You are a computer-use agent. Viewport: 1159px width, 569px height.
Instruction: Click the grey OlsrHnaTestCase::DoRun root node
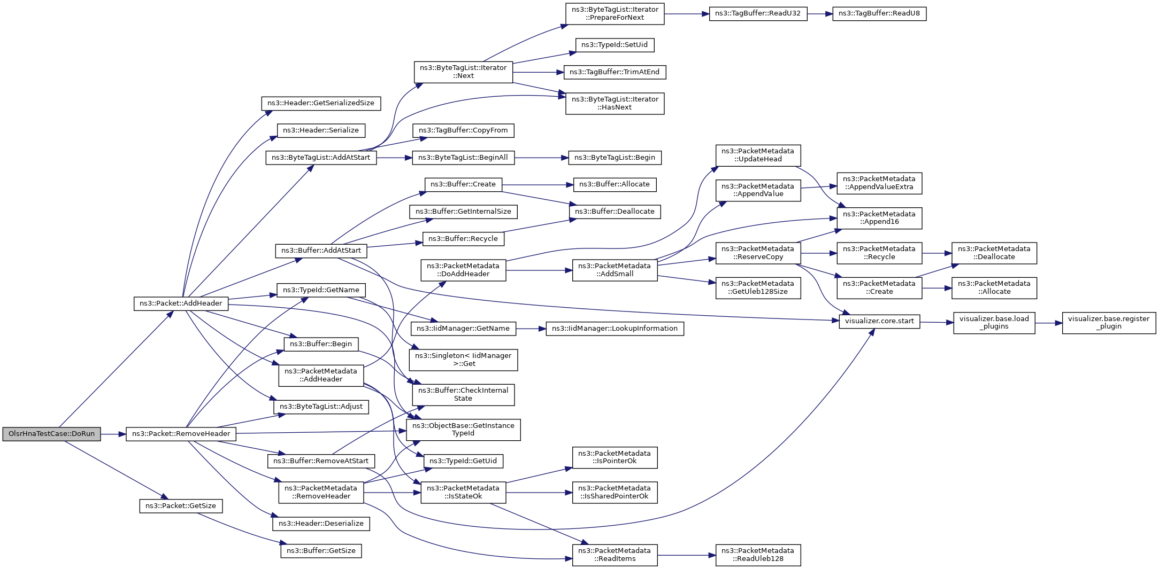point(51,434)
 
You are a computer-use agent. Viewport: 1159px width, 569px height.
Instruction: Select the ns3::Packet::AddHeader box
point(181,303)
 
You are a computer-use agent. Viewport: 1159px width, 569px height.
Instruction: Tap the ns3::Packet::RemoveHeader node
point(181,434)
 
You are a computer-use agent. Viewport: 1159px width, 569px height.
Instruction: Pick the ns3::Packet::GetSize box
point(181,506)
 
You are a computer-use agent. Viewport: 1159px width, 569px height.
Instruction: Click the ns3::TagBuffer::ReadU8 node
point(879,13)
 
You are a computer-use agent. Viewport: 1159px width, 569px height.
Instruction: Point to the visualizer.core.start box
point(879,321)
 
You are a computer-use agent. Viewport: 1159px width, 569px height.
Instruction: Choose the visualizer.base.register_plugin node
point(1108,323)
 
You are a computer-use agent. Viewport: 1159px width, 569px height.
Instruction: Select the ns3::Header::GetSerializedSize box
point(321,103)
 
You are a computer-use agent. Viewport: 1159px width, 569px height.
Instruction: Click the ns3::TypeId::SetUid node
point(614,45)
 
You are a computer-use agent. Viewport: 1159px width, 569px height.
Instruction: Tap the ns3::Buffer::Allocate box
point(614,184)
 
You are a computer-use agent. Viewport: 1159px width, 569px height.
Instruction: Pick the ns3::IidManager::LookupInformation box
point(614,329)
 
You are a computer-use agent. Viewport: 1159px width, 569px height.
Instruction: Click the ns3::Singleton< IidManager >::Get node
point(463,360)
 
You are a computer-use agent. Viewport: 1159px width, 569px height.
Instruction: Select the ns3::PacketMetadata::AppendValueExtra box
point(879,183)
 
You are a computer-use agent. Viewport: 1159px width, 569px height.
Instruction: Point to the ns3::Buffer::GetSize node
point(321,551)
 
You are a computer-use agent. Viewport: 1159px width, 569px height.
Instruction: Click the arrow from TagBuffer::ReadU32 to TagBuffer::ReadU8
point(819,13)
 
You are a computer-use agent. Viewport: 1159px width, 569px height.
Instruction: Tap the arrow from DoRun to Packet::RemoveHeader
point(113,434)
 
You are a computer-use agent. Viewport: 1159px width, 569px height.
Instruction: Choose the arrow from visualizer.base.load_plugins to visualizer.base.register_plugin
point(1048,323)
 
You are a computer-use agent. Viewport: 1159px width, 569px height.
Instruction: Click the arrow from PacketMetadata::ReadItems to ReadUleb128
point(687,555)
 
